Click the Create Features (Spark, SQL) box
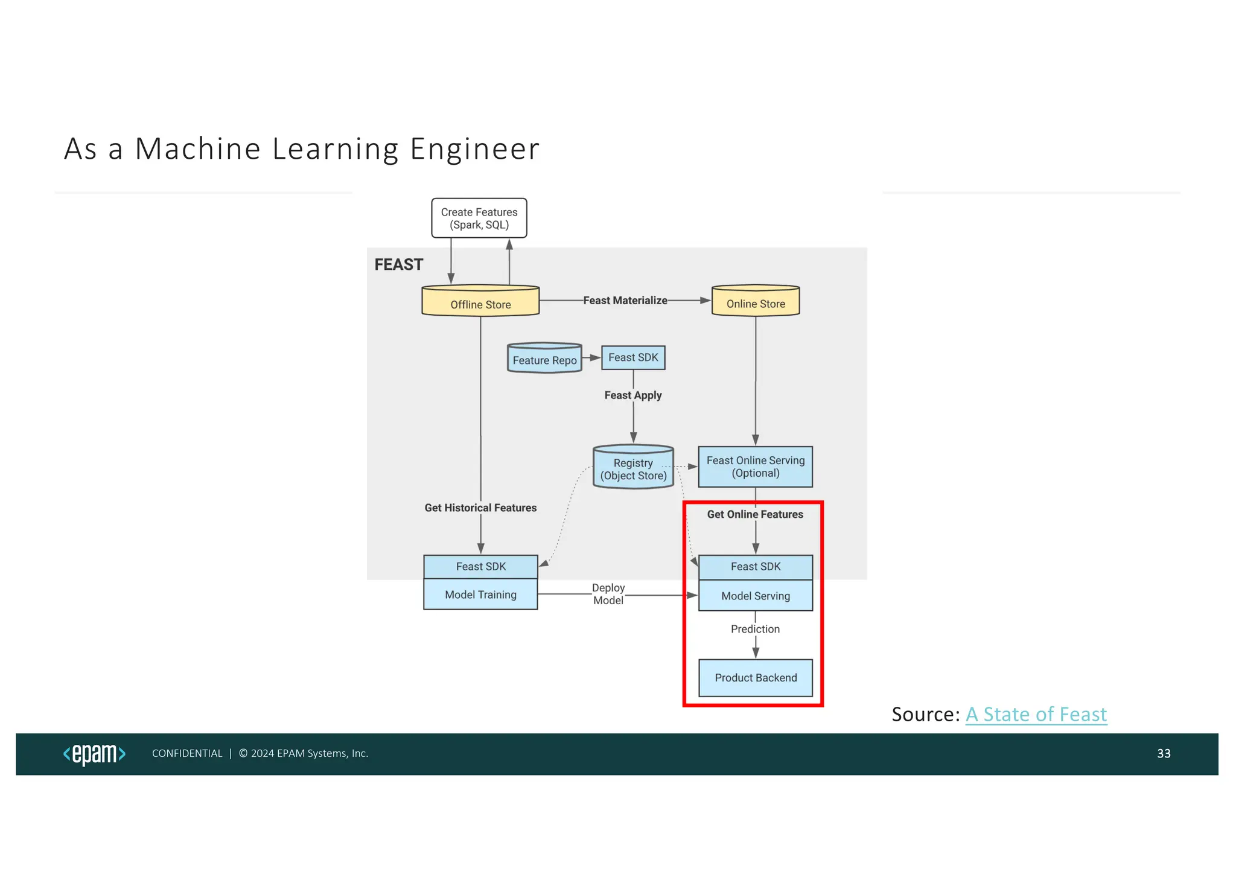pos(479,218)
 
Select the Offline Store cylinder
pos(480,301)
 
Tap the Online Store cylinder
pos(756,301)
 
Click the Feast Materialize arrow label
pos(625,301)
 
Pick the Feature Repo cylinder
pos(544,359)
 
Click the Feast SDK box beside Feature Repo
pos(633,358)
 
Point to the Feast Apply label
pos(633,395)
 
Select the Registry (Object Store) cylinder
pos(633,468)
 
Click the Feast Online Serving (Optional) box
pos(756,467)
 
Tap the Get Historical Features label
pos(480,508)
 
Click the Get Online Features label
pos(755,514)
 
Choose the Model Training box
pos(480,595)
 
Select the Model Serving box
pos(756,596)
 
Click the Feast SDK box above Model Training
pos(480,567)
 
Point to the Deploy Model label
pos(608,594)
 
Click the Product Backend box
pos(756,678)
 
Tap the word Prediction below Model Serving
pos(755,629)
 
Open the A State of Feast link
pos(1036,715)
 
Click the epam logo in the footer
pos(94,754)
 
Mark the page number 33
pos(1164,753)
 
